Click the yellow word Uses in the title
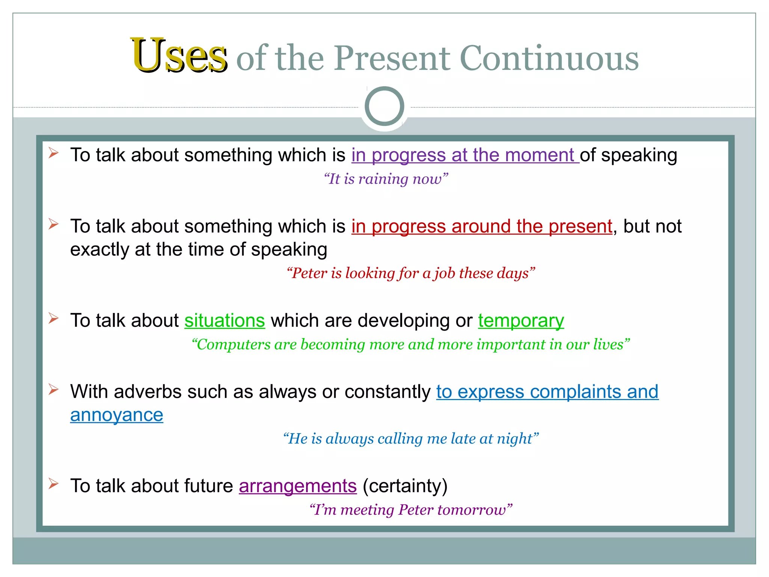[179, 56]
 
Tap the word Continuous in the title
[549, 58]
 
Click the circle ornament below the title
[384, 106]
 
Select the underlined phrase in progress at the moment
[465, 155]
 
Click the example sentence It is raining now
[386, 179]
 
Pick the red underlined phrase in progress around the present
[482, 227]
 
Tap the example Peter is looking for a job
[410, 273]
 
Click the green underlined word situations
[225, 321]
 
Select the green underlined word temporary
[521, 321]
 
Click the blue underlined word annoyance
[117, 415]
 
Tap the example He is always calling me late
[410, 439]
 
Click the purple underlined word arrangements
[297, 486]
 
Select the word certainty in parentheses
[405, 486]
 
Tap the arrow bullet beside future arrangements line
[53, 484]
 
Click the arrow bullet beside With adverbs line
[53, 390]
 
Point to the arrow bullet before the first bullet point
[53, 153]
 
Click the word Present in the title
[392, 58]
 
